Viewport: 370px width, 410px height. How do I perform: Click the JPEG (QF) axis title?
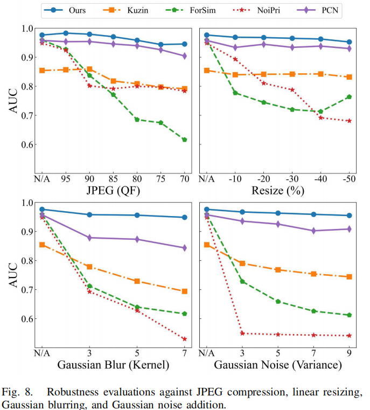tap(113, 191)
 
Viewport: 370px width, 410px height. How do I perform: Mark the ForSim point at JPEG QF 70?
tap(185, 140)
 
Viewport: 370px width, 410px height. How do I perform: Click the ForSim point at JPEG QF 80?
tap(137, 120)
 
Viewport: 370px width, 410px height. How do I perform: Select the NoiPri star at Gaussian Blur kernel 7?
tap(185, 339)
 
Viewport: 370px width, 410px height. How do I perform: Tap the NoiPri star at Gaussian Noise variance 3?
tap(242, 333)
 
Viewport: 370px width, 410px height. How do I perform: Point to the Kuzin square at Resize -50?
tap(349, 77)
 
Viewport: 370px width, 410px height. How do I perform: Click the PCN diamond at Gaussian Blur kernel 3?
tap(89, 238)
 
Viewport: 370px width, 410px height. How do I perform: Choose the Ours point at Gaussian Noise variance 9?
tap(349, 216)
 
